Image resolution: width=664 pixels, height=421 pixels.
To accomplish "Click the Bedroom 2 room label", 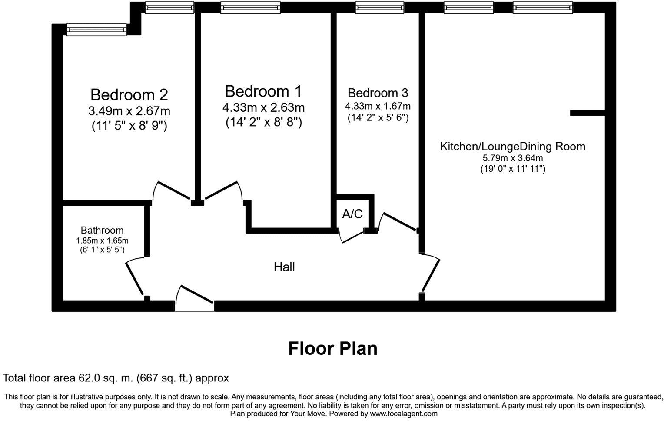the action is pos(129,95).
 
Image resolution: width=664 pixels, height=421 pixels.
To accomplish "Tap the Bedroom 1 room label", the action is pos(263,91).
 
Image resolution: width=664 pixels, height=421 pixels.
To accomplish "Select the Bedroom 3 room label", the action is pos(378,93).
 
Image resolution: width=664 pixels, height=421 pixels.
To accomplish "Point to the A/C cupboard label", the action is pos(352,214).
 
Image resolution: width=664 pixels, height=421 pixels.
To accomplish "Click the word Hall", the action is pos(284,267).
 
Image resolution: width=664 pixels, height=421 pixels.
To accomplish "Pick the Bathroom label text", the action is pos(102,230).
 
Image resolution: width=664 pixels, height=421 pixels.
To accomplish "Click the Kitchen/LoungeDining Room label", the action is pos(512,146).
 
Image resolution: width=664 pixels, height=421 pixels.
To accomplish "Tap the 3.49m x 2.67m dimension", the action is pos(129,111).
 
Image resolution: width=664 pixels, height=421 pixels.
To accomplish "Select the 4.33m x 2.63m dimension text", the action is pos(263,107).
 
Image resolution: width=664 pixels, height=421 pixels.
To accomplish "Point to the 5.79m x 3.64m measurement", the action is pos(513,158).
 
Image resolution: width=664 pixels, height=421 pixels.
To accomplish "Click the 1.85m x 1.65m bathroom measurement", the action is pos(102,241).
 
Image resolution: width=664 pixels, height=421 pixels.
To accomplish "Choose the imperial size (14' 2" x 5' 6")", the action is pos(378,118).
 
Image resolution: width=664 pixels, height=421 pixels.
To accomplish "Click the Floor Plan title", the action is pos(333,349).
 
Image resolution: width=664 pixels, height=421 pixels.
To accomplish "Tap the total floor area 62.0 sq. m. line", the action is pos(116,378).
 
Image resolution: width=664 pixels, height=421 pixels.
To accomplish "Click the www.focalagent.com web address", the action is pos(404,414).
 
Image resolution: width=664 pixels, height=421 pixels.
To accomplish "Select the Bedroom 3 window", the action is pos(379,7).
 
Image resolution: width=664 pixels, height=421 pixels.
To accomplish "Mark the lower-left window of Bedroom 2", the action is pos(96,30).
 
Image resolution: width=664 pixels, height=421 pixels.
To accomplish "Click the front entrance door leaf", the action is pos(197,294).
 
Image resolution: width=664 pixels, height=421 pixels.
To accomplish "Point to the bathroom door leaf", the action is pos(135,279).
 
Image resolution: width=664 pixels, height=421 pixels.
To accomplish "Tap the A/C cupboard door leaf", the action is pos(353,237).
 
